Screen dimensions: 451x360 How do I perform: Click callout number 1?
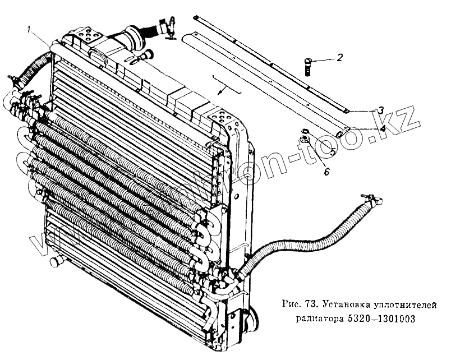tap(35, 30)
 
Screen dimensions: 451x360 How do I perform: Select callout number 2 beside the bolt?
tap(339, 57)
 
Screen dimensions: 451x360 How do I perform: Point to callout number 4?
tap(383, 128)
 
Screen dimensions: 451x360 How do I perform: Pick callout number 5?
tap(332, 151)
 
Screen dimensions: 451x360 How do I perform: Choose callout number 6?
tap(327, 172)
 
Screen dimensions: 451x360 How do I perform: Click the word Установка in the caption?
tap(344, 305)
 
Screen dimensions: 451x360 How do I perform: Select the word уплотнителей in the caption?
tap(409, 305)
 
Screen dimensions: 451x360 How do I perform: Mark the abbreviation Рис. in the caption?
tap(289, 305)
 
